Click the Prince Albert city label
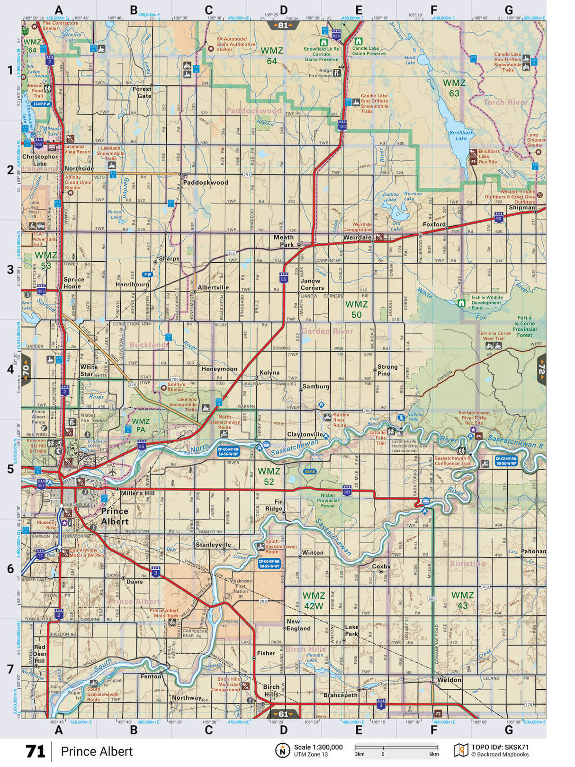(115, 516)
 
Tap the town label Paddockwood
(205, 183)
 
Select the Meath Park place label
(283, 241)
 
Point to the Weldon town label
(449, 680)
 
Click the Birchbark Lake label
(461, 136)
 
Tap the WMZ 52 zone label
(269, 476)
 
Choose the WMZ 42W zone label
(314, 601)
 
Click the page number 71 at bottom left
(36, 751)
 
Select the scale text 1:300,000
(318, 747)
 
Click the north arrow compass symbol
(282, 750)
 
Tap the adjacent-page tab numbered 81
(283, 25)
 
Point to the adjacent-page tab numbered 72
(541, 369)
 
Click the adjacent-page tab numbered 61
(283, 714)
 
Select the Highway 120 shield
(342, 126)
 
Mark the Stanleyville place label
(213, 545)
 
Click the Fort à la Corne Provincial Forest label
(524, 327)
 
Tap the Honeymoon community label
(219, 369)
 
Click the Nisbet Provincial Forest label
(328, 500)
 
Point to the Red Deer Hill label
(40, 654)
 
